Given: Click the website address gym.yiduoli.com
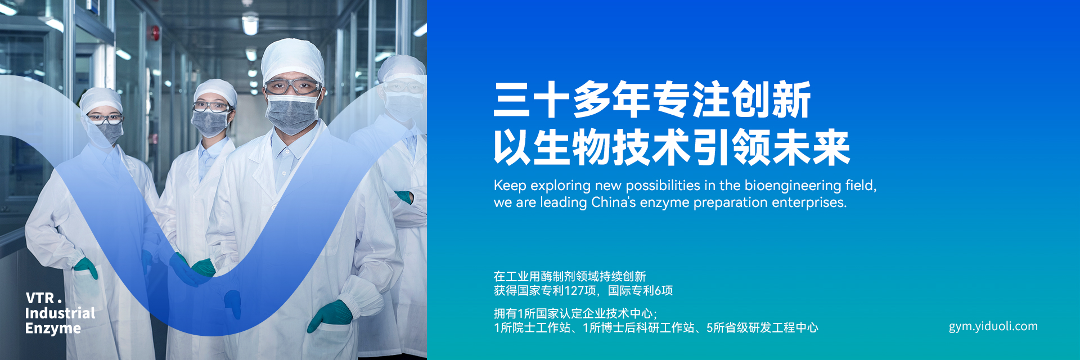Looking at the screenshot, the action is click(993, 327).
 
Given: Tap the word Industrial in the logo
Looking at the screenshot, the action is click(60, 313).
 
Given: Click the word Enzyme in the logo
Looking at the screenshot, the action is click(53, 329).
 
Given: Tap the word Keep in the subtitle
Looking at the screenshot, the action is click(510, 186).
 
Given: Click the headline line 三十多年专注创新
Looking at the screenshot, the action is click(652, 100).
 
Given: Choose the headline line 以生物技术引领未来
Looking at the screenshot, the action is click(672, 147).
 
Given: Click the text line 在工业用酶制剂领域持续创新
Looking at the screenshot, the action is click(570, 276).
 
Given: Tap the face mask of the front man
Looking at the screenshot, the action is click(291, 114).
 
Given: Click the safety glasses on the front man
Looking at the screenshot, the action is click(292, 87).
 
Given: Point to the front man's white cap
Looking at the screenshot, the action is click(292, 60).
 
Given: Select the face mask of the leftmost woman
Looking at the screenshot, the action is click(109, 132).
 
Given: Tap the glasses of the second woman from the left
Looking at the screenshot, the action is click(211, 106).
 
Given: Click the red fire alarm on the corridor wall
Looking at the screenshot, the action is click(153, 33).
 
